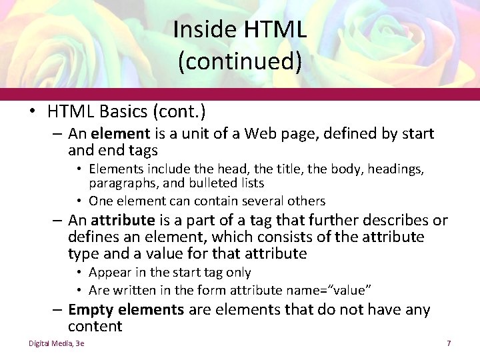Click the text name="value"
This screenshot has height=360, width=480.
pos(328,290)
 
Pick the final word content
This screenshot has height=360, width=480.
pos(95,326)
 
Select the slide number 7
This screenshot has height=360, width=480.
pos(449,343)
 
